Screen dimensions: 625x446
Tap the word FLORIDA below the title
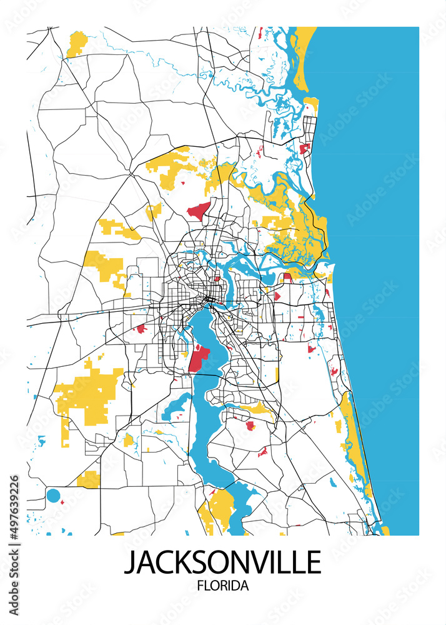222,586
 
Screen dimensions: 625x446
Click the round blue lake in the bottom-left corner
54,497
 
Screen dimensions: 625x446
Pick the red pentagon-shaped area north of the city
198,211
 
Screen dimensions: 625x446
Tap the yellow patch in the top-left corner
77,43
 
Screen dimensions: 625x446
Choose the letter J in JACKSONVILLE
130,562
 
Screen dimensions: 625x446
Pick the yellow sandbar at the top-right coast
302,56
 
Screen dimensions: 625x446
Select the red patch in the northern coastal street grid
305,149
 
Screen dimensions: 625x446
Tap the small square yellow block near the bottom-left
89,479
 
